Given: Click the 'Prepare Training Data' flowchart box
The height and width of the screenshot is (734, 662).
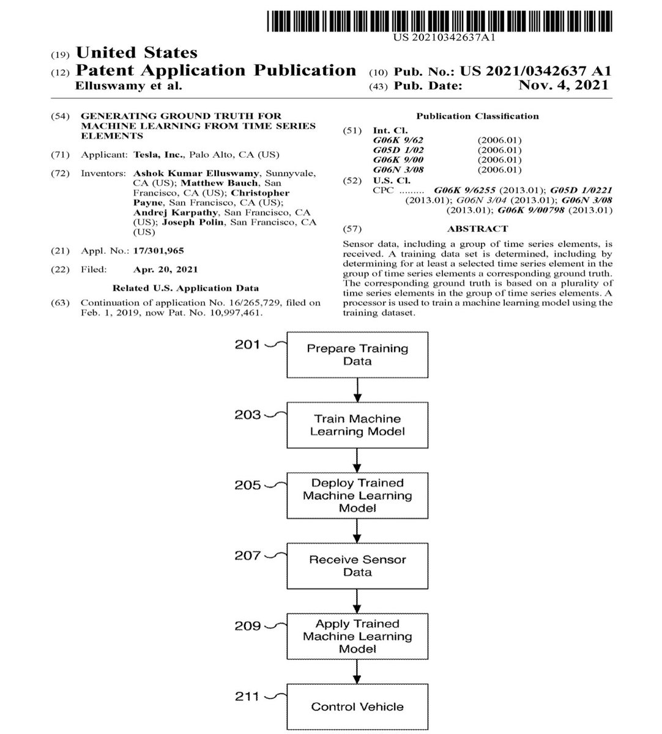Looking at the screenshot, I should click(x=357, y=355).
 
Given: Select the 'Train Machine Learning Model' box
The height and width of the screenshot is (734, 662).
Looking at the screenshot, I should click(x=357, y=425).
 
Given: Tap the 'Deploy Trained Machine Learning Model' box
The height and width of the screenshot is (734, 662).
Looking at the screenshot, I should click(x=357, y=495).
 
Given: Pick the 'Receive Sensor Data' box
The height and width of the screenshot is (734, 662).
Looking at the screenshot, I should click(x=357, y=566).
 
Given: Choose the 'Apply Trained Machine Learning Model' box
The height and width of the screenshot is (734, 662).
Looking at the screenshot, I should click(x=357, y=636).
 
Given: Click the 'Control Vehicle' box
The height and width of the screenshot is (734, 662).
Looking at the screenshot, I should click(x=357, y=707).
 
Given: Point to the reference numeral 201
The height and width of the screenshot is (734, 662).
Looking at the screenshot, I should click(x=248, y=344).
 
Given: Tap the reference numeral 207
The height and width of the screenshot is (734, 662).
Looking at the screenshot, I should click(x=248, y=555).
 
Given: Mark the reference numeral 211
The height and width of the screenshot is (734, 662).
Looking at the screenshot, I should click(x=248, y=696).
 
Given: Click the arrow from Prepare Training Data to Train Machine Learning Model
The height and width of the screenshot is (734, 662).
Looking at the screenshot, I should click(x=357, y=389).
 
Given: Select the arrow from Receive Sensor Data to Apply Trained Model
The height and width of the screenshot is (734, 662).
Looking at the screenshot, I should click(x=357, y=601).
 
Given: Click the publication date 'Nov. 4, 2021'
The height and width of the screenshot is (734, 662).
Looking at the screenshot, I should click(x=563, y=86).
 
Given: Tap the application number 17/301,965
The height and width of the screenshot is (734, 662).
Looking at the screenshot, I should click(x=158, y=251).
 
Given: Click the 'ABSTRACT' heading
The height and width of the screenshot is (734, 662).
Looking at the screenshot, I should click(x=477, y=229).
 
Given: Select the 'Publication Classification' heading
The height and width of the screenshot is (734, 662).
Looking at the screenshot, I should click(x=477, y=116).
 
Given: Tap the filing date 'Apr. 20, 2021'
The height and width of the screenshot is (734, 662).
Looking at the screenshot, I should click(x=165, y=269).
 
